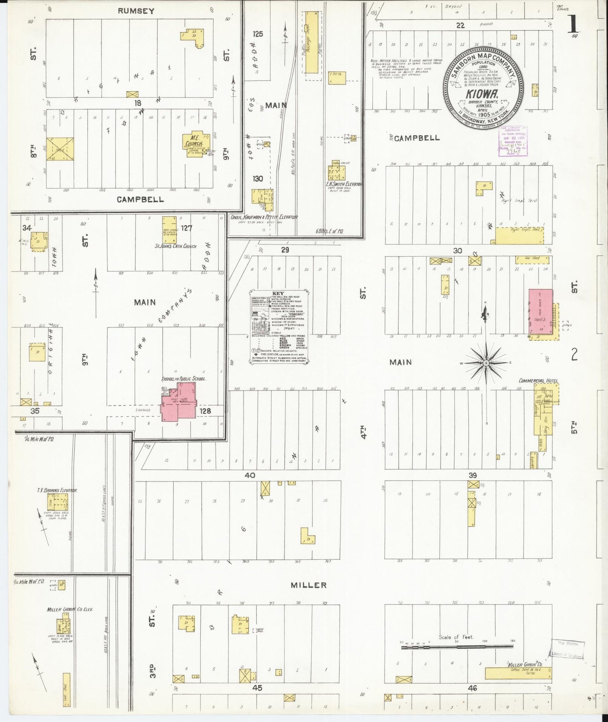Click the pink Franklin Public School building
tap(179, 400)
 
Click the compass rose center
tap(486, 363)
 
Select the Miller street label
tap(309, 585)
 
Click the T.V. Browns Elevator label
tap(57, 490)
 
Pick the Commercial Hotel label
tap(538, 381)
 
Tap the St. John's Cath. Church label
tap(175, 246)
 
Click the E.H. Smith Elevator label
tap(344, 184)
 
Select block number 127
tap(186, 228)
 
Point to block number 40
tap(250, 475)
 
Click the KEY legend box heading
tap(279, 293)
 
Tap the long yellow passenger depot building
tap(311, 43)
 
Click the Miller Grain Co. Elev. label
tap(70, 609)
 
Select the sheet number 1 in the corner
tap(573, 24)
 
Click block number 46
tap(472, 688)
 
